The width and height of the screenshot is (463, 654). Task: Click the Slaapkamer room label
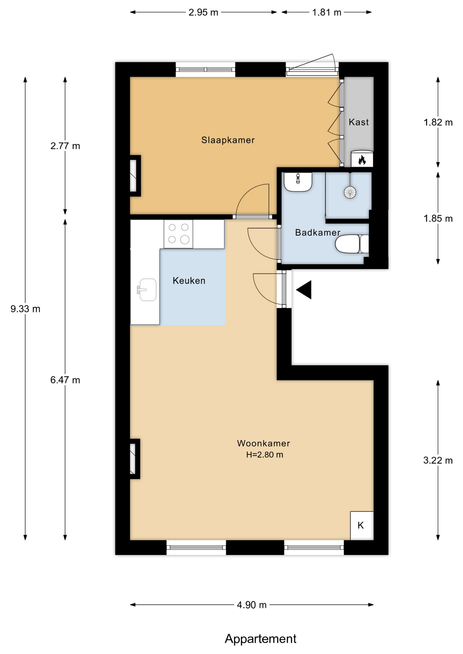coord(228,140)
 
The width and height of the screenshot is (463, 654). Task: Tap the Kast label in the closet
coord(359,122)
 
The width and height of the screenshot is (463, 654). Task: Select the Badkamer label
coord(318,233)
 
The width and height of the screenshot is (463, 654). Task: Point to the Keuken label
coord(189,281)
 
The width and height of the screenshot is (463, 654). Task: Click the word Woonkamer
coord(264,443)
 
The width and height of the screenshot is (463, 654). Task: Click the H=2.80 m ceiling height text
coord(265,455)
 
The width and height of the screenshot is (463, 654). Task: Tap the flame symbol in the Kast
coord(362,159)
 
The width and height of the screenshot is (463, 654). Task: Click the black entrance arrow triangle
coord(304,290)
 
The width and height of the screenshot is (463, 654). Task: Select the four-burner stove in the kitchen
coord(178,234)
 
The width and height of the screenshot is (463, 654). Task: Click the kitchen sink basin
coord(148,290)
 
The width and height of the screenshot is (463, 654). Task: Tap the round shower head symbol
coord(350,192)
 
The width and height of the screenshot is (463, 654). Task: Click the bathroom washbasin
coord(298,182)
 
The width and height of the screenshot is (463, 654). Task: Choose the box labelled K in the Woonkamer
coord(362,526)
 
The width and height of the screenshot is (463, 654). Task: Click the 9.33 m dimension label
coord(25,309)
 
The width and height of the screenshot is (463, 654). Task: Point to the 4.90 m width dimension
coord(252,605)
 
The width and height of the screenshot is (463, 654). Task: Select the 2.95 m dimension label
coord(203,12)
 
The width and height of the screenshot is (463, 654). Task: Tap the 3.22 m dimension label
coord(438,461)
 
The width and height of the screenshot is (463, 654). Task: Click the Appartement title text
coord(260,639)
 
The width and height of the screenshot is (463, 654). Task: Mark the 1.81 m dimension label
coord(327,13)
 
